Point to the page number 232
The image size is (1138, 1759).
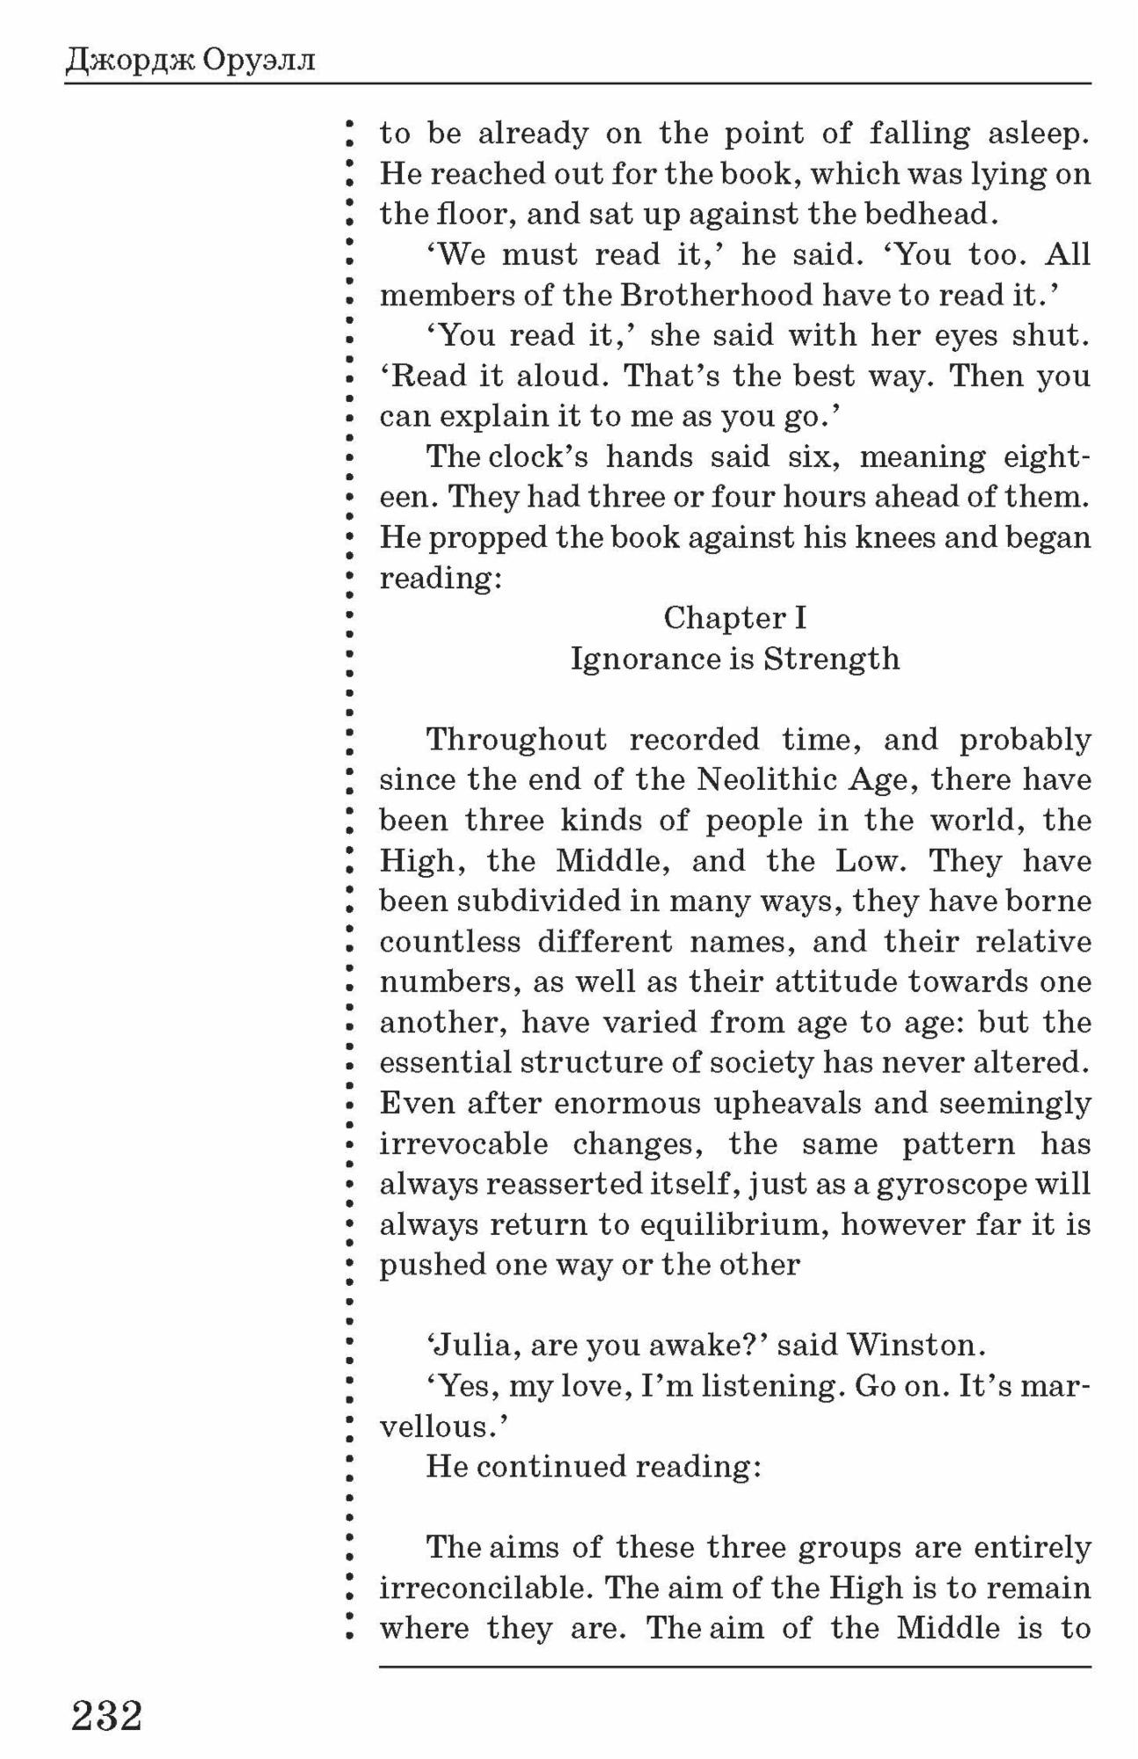point(107,1715)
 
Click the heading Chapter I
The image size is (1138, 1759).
point(734,618)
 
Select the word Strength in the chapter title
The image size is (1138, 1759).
point(831,659)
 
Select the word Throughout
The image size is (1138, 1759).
point(516,740)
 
